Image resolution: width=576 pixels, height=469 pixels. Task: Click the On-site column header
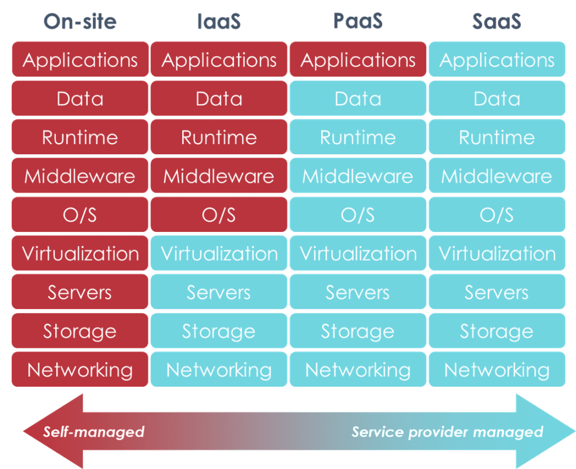80,21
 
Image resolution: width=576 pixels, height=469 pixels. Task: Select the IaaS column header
219,21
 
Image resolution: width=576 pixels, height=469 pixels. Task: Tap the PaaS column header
358,21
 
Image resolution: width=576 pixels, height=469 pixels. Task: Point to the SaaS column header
497,21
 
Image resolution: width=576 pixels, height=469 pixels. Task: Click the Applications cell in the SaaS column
497,60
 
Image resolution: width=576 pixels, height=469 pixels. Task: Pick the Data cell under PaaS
358,99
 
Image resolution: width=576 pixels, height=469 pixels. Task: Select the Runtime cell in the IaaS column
219,137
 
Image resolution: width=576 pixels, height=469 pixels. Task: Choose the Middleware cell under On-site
80,176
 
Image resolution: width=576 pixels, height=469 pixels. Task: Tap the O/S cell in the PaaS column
358,215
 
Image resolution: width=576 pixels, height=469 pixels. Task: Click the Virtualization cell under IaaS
219,253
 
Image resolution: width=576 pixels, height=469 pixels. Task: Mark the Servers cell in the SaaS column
497,292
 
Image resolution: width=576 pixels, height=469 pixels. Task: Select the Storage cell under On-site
80,331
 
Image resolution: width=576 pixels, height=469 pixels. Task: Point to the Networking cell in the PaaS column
358,370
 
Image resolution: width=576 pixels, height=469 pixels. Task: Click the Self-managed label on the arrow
94,432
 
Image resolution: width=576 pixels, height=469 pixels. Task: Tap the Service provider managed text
447,432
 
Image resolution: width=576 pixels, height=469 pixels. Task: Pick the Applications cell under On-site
80,60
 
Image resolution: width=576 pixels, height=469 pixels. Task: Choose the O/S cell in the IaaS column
219,215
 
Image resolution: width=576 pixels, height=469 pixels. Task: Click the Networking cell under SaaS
497,370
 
